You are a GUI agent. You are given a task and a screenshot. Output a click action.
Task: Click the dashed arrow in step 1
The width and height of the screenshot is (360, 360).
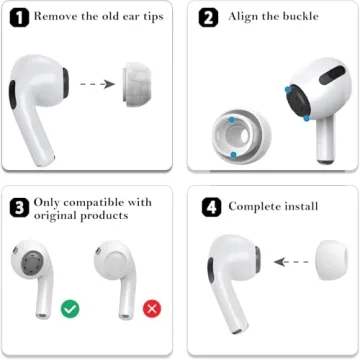point(95,84)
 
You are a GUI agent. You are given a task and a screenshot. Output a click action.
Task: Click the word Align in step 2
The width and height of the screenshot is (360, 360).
point(245,17)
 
